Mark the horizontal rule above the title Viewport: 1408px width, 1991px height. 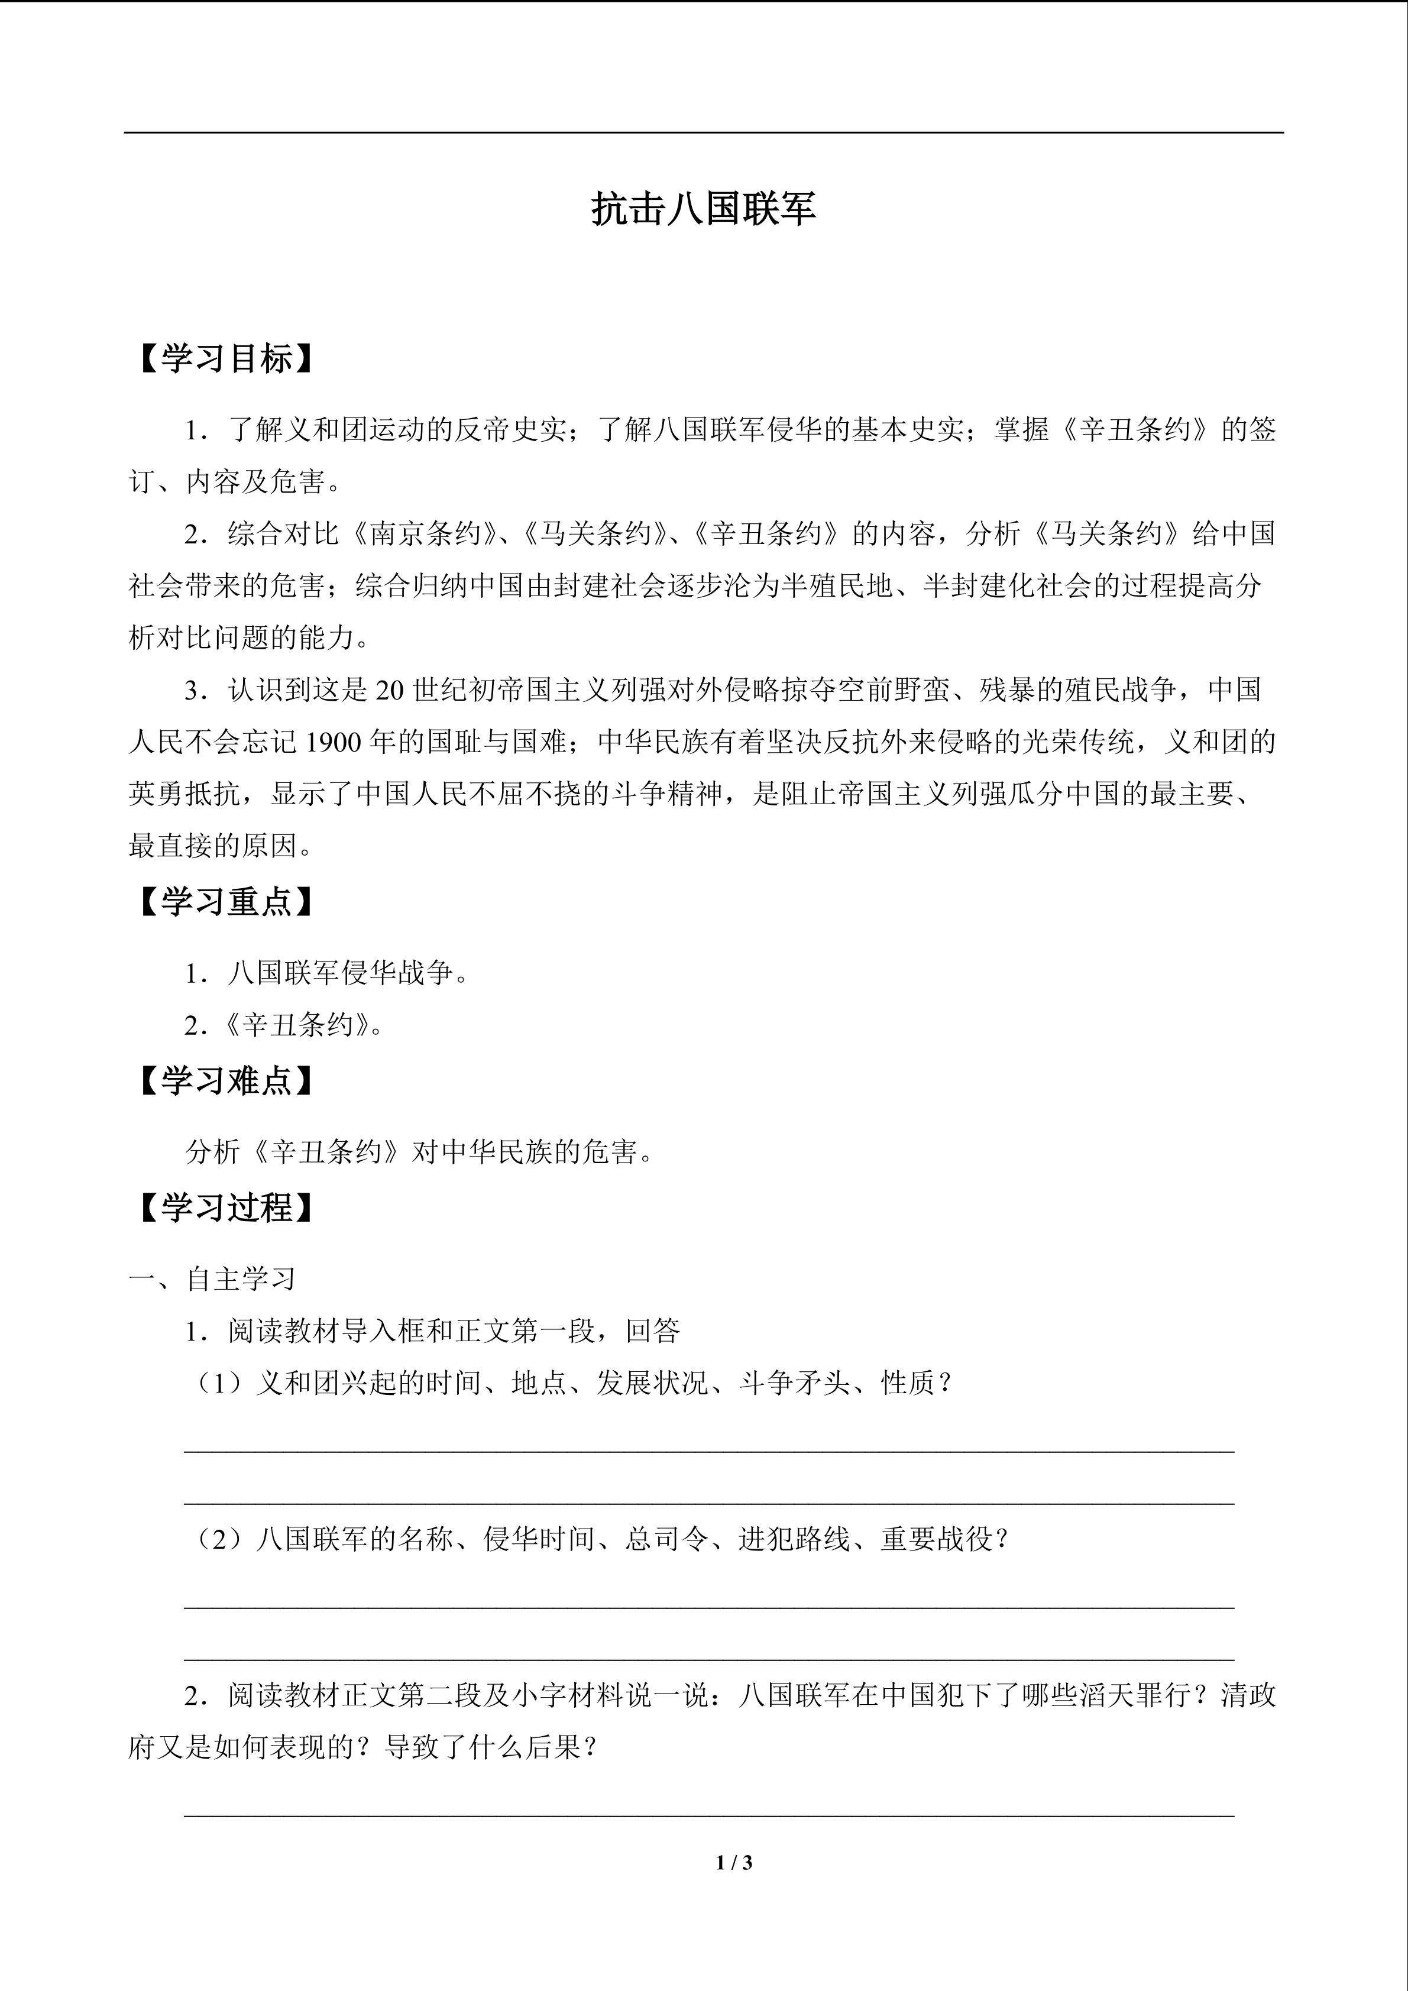(703, 132)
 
